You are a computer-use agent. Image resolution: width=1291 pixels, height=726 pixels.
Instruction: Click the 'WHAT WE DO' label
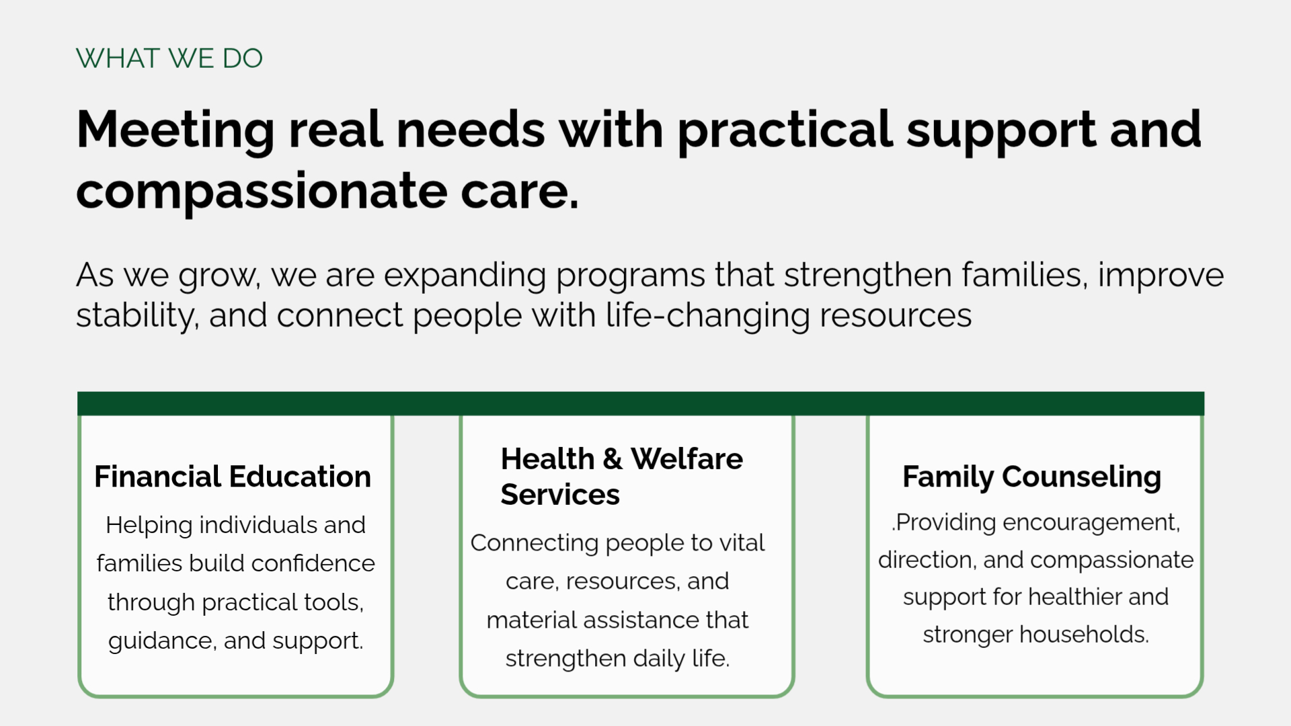tap(169, 58)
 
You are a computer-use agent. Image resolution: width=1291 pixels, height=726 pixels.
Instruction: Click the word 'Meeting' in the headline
tap(175, 130)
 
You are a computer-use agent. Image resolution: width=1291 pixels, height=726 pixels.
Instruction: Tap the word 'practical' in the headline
tap(785, 130)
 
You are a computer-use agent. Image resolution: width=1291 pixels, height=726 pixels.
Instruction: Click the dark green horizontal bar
tap(641, 403)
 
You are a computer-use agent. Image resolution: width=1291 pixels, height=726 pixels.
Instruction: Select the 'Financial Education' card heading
tap(233, 477)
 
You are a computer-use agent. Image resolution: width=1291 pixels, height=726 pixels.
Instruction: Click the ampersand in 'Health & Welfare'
tap(613, 459)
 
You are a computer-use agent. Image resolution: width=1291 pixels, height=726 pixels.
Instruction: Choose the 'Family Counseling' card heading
tap(1032, 477)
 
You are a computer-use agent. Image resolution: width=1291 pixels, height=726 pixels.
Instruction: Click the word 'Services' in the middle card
tap(560, 495)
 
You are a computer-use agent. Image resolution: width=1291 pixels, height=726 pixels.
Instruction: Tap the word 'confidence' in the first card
tap(313, 563)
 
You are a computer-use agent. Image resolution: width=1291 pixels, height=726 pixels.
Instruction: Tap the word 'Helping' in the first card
tap(149, 526)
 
